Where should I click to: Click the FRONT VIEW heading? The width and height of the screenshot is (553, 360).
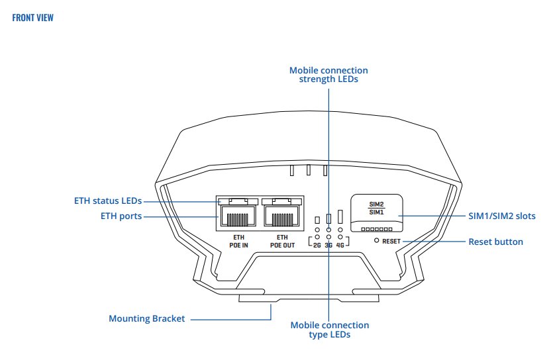(33, 18)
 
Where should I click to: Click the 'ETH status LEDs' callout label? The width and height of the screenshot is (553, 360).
(107, 201)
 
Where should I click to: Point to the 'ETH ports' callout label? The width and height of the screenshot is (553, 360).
(121, 216)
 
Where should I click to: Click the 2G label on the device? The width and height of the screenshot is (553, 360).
(317, 245)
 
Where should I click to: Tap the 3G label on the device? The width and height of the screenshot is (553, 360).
(328, 245)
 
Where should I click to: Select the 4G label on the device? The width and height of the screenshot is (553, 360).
(340, 245)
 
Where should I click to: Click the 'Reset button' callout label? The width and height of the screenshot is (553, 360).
(495, 242)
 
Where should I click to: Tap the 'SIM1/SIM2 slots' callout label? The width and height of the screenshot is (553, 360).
(502, 216)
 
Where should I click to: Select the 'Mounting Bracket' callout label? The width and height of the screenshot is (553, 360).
(146, 318)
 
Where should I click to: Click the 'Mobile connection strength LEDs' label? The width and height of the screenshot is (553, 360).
(328, 75)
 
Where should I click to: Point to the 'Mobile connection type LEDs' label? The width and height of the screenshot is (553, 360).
(330, 330)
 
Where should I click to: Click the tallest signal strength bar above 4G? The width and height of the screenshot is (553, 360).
(340, 217)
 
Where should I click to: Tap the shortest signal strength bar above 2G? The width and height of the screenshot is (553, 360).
(317, 220)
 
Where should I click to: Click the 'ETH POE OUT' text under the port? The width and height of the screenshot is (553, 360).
(283, 240)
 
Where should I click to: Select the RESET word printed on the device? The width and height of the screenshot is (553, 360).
(391, 242)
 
